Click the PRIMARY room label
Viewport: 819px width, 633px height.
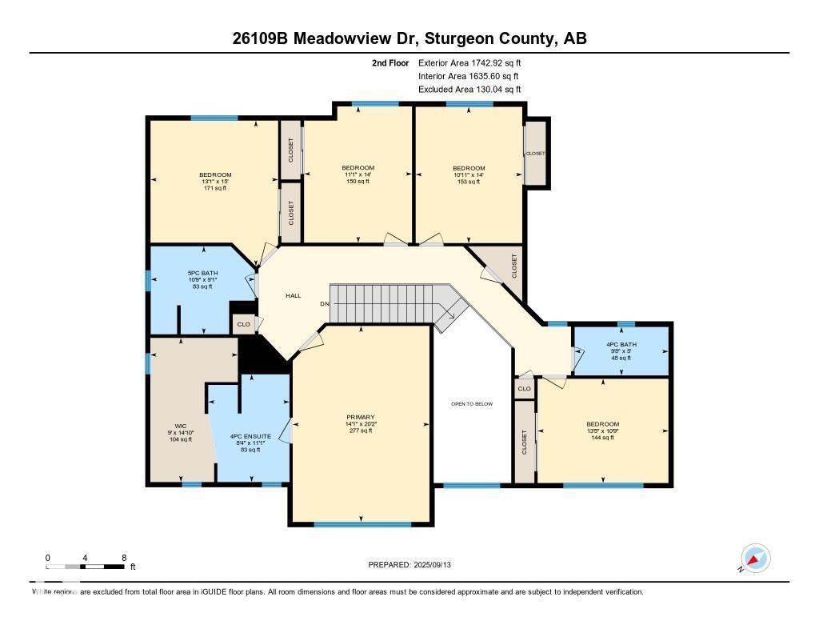[361, 418]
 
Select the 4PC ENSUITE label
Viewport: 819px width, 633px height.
[250, 437]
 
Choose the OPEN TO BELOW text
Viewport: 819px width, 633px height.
[472, 404]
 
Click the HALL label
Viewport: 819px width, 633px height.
[294, 296]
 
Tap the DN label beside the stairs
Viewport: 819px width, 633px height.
[324, 304]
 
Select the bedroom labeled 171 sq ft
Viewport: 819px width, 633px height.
[215, 175]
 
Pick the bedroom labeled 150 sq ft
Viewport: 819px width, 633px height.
[358, 168]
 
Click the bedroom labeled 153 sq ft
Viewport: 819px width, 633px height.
[468, 168]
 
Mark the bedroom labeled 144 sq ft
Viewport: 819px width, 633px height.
[602, 424]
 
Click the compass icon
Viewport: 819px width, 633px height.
[756, 559]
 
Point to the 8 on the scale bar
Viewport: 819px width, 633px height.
[124, 558]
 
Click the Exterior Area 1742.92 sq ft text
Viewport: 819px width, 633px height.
[469, 62]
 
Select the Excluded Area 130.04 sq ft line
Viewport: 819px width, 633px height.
[469, 90]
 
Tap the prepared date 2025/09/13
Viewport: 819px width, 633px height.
[414, 565]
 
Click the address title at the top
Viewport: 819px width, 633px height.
[409, 38]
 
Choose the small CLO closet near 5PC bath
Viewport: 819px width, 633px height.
[242, 324]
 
